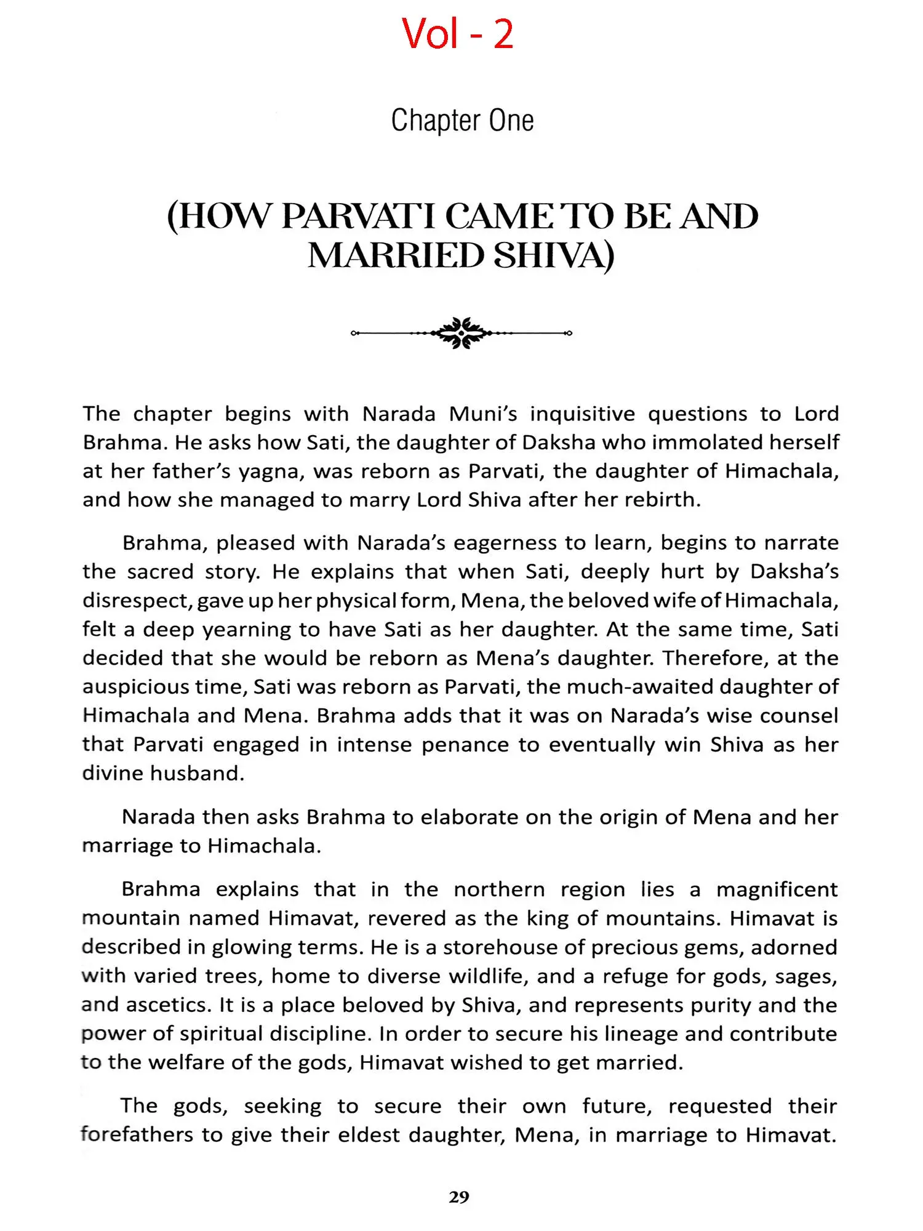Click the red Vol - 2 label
point(458,34)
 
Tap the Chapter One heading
point(462,121)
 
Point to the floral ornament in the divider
point(461,333)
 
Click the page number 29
point(459,1197)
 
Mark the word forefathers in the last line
point(137,1134)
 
